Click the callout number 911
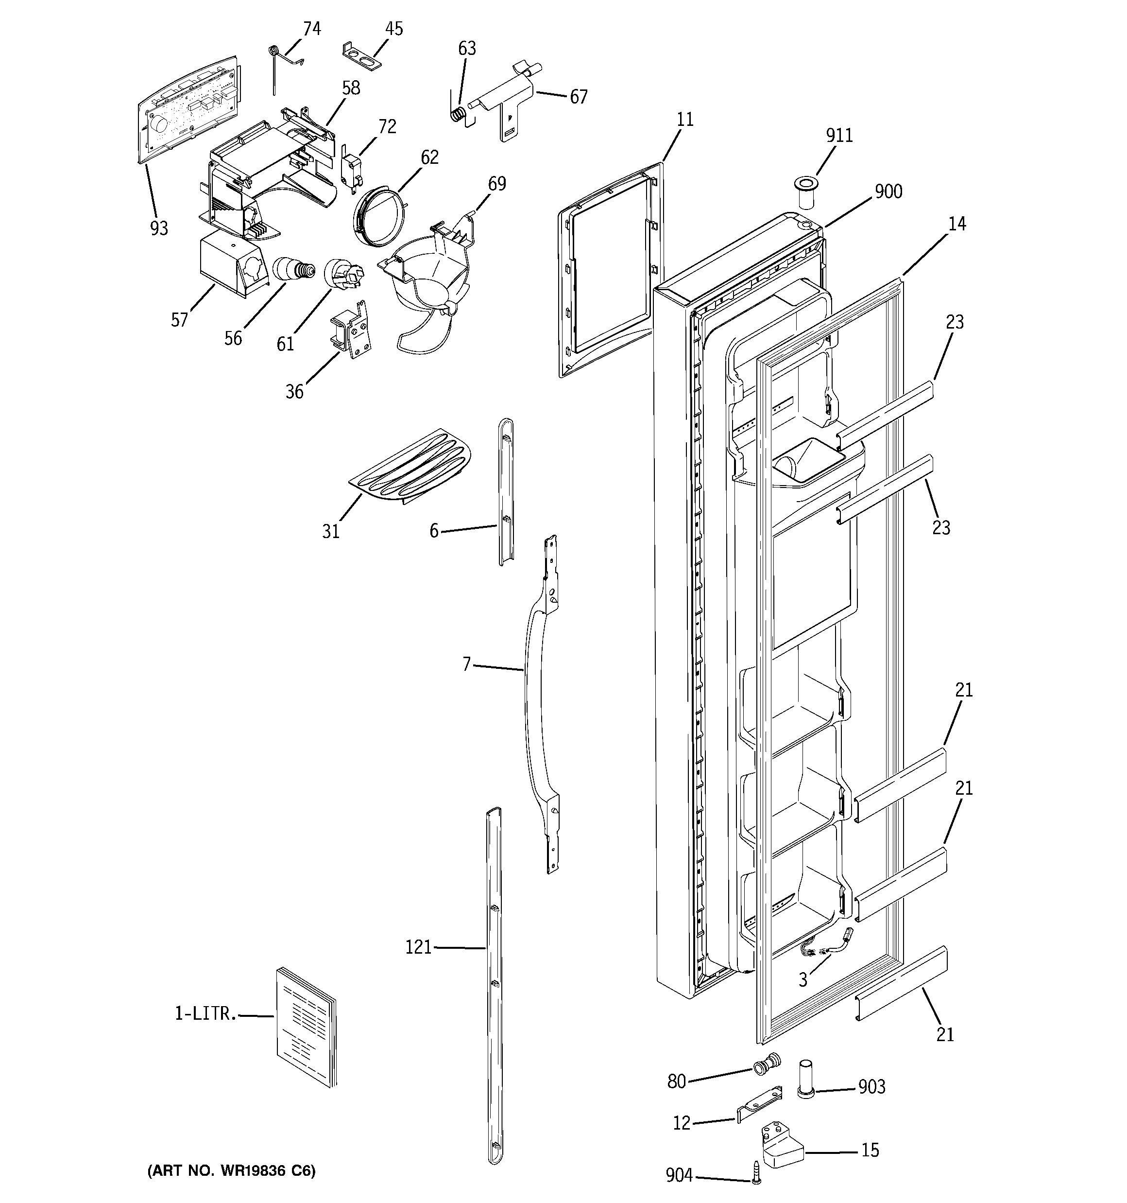[x=839, y=135]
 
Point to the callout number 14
[x=956, y=224]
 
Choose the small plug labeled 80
[x=766, y=1063]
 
